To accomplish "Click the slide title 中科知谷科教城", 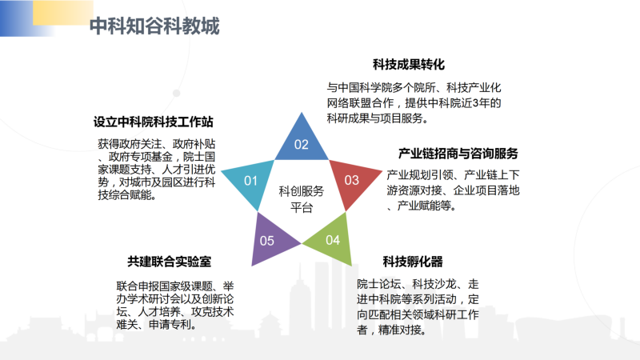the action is click(154, 26).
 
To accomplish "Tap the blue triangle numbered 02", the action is click(302, 141).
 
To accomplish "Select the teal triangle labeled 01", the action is click(250, 182).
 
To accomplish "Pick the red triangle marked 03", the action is click(352, 182).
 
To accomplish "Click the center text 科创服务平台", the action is click(302, 199).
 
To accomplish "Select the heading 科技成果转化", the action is click(409, 65).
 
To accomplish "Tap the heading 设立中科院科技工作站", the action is click(153, 122).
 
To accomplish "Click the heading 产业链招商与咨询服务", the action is click(458, 154).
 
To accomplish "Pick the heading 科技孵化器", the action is click(413, 262).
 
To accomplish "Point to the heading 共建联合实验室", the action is click(170, 262).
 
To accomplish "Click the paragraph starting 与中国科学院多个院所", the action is click(414, 103).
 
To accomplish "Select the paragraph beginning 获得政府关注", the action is click(156, 170).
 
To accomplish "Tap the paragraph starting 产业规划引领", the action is click(453, 190).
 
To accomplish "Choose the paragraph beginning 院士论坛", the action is click(418, 307).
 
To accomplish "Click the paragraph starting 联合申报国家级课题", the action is click(175, 306).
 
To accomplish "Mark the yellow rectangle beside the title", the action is click(63, 12).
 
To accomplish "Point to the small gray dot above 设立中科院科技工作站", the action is click(176, 93).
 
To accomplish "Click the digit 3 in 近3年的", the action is click(475, 103).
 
